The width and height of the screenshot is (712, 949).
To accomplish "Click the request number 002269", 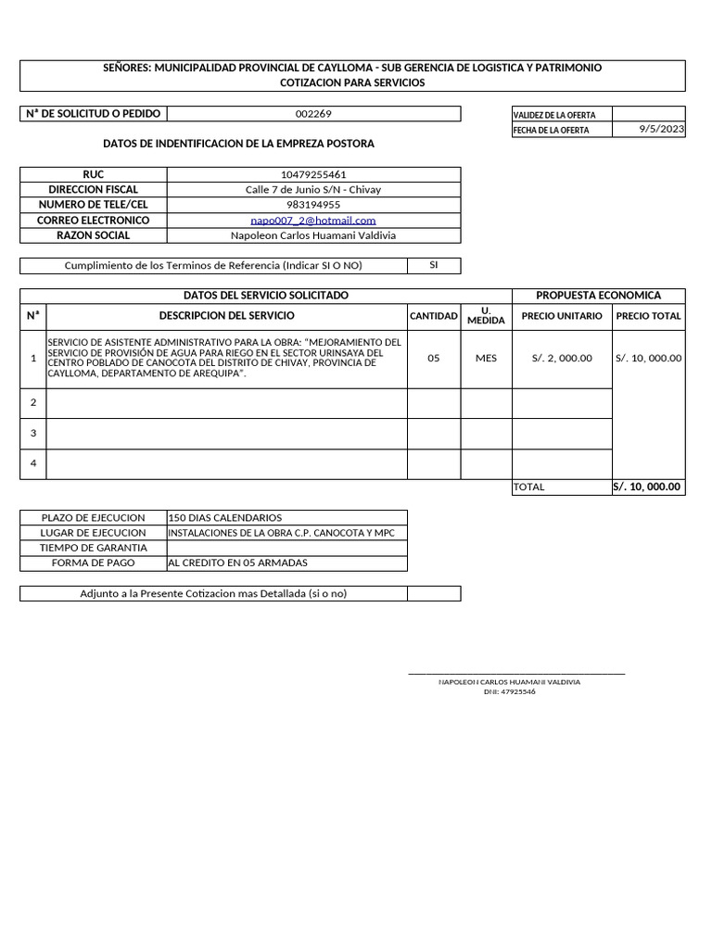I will pos(313,114).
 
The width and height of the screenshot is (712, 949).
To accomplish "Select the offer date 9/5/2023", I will pos(662,130).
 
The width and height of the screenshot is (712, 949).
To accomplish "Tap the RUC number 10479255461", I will pos(313,174).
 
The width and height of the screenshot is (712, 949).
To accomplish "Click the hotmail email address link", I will pos(313,220).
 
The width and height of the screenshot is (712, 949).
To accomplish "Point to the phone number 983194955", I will pos(313,205).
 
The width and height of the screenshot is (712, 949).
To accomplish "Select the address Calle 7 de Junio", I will pos(313,189).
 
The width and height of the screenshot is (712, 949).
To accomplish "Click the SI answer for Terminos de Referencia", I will pos(434,265).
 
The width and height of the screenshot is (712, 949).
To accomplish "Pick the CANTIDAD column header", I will pos(434,316).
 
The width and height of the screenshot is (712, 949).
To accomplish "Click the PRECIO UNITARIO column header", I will pos(562,316).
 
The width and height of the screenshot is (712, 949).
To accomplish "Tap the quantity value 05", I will pos(434,358).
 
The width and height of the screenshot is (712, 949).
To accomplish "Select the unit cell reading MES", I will pos(486,358).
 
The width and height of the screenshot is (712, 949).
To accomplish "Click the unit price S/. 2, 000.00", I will pos(562,358).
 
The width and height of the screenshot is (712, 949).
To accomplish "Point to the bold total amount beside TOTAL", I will pos(648,487).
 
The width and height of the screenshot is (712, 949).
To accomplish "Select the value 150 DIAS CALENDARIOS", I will pos(225,517).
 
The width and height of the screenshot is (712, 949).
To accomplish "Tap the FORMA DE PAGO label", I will pos(93,563).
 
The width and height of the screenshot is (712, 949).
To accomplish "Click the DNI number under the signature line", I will pos(509,691).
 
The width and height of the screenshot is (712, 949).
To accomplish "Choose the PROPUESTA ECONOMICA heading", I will pos(599,296).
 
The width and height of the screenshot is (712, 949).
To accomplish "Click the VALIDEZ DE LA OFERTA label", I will pos(554,115).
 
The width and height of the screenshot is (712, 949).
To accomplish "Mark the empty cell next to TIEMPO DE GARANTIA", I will pos(286,548).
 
